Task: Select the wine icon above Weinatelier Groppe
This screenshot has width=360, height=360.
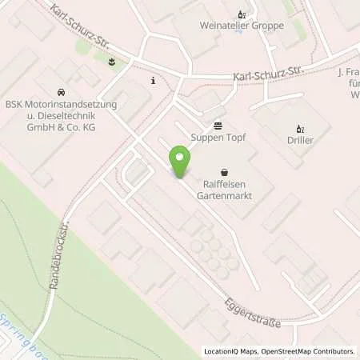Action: [241, 14]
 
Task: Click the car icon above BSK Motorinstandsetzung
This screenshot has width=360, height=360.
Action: [61, 92]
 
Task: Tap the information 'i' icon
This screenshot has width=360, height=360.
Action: [153, 80]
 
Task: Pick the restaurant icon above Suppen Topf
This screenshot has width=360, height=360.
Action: [218, 125]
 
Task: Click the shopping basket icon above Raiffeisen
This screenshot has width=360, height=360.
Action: [224, 170]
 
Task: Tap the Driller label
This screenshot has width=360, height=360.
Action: [301, 141]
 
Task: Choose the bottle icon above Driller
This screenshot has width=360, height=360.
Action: [301, 128]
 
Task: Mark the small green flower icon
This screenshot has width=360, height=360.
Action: [111, 62]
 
